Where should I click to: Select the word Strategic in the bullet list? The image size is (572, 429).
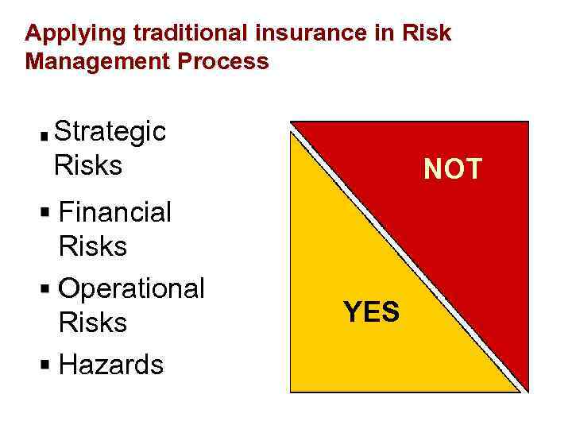click(111, 132)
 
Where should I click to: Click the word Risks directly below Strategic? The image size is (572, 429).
click(88, 165)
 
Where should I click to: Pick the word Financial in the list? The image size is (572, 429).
click(115, 212)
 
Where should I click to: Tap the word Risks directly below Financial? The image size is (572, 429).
click(93, 246)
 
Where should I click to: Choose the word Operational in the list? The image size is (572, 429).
click(132, 288)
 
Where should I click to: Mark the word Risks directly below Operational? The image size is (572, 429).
click(93, 323)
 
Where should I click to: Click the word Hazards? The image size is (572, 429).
click(111, 365)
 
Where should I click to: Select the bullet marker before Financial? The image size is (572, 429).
click(46, 213)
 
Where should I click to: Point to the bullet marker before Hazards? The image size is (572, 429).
click(46, 365)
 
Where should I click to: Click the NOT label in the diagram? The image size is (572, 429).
click(453, 169)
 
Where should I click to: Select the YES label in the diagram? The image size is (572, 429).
click(371, 312)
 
